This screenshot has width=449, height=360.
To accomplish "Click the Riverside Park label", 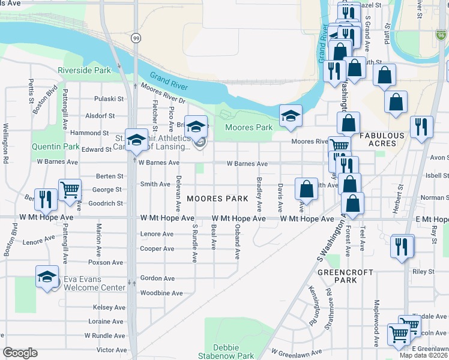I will pos(85,70).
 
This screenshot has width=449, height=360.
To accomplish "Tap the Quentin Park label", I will pos(56,146).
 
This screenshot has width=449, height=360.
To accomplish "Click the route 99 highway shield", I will pos(136,38).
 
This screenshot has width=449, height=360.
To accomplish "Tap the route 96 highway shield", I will pos(441,35).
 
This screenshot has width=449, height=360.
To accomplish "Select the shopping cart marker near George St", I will pos(70,190).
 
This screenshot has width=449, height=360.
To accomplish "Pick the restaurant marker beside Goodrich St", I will pos(46,198).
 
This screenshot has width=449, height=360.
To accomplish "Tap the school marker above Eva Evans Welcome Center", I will pos(46,277).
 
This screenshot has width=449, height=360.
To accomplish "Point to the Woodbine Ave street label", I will pos(157,293).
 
